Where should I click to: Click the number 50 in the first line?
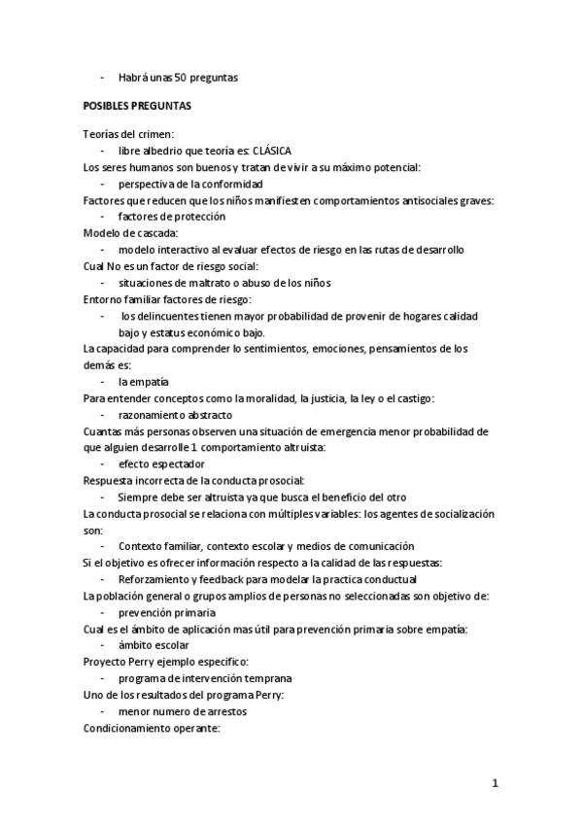[x=182, y=77]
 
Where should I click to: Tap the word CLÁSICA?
[x=271, y=152]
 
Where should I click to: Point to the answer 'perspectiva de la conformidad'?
[x=189, y=184]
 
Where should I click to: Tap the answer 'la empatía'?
[x=143, y=382]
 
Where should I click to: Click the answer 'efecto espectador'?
[x=161, y=464]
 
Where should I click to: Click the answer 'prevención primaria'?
[x=167, y=613]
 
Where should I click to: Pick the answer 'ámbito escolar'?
[x=154, y=645]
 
